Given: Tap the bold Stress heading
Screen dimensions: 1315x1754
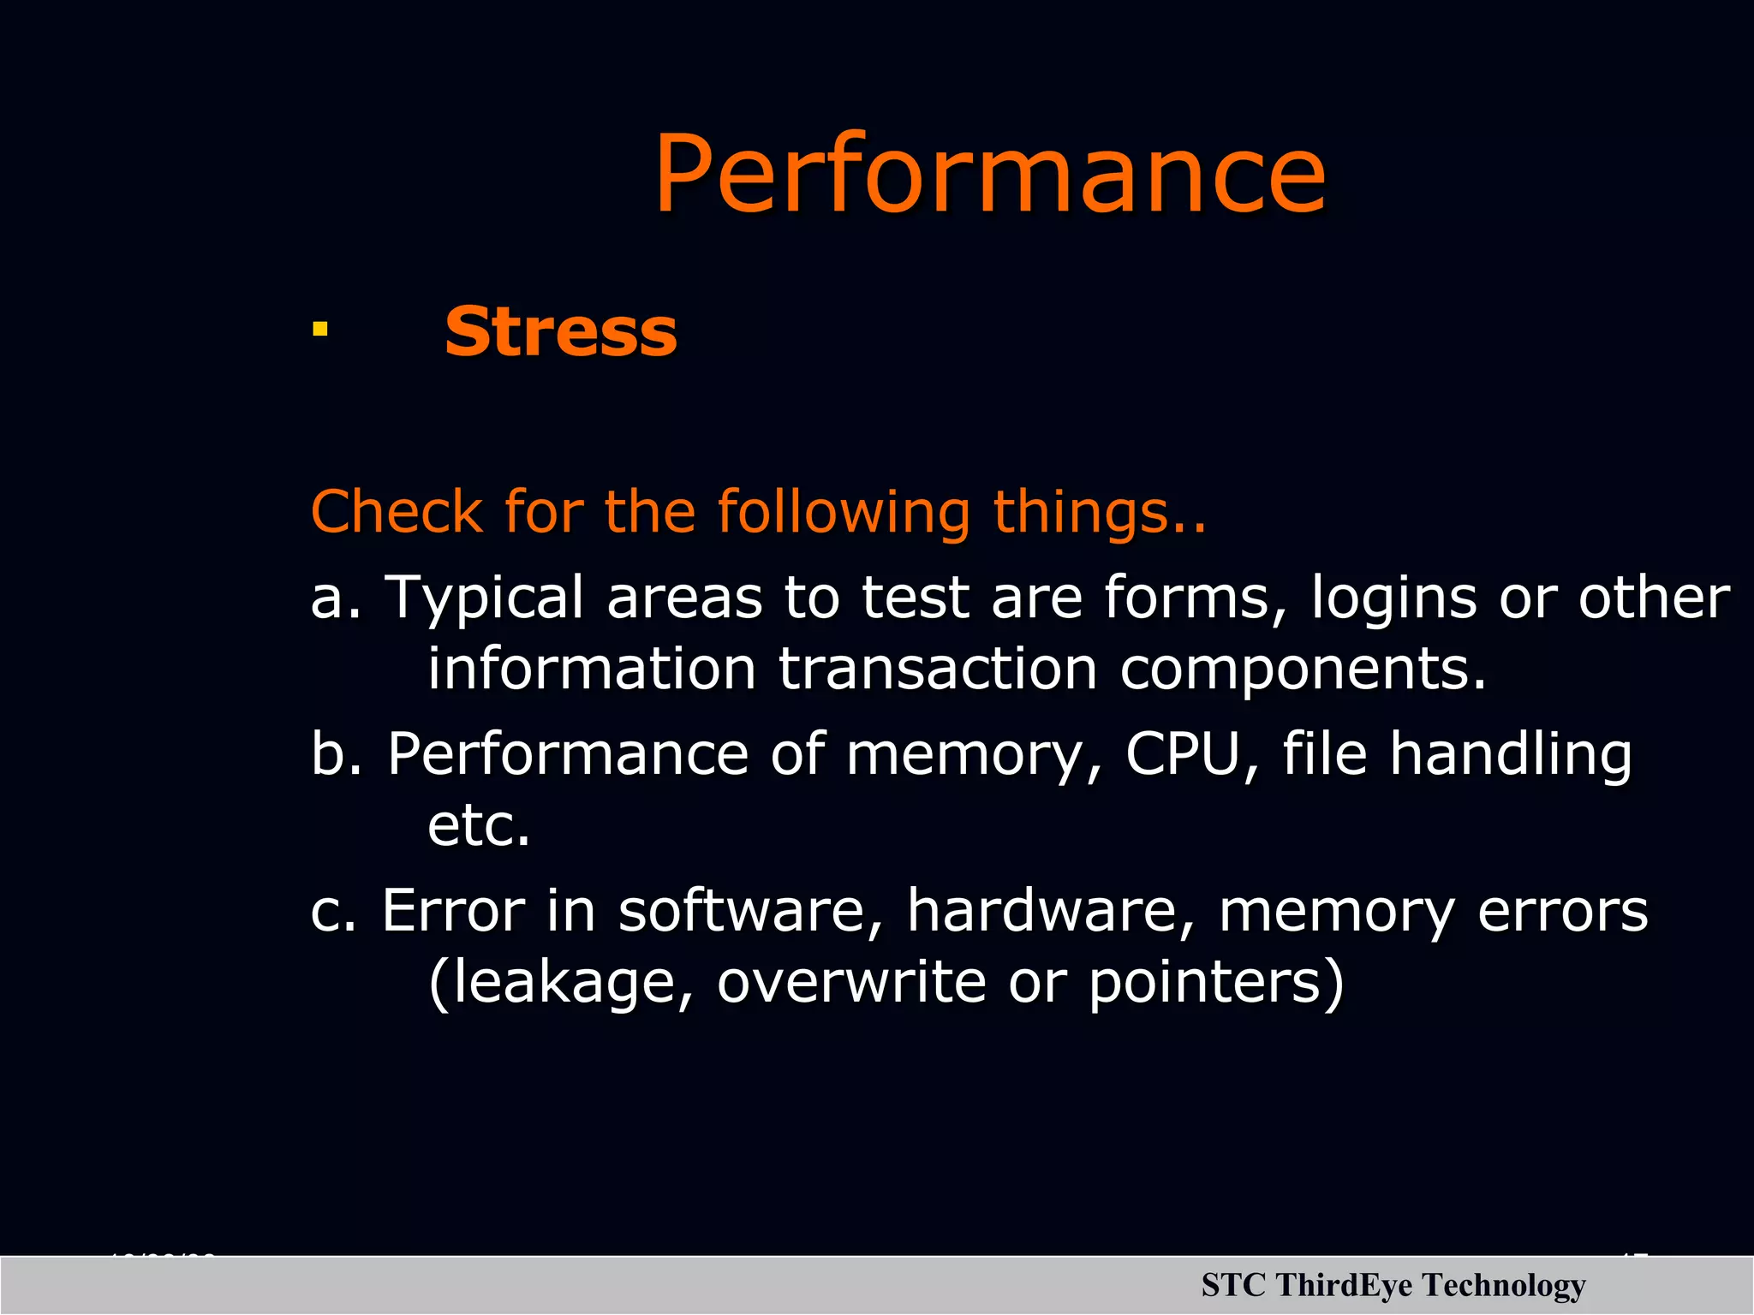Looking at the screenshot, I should [561, 332].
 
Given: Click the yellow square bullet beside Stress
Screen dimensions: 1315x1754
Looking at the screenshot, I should [320, 329].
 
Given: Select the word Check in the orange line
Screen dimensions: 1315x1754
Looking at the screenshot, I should [396, 511].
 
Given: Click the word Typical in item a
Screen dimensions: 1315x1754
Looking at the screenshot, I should [484, 598].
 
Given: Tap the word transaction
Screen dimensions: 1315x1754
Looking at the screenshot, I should [938, 669].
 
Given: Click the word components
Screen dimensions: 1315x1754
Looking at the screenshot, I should [1303, 670].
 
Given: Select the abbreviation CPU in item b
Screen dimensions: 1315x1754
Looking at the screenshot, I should [1183, 753].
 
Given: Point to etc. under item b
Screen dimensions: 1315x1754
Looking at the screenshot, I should [479, 825].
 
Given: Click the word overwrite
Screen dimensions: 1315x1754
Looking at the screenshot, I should [851, 982].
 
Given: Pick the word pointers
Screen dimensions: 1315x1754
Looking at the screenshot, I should [1208, 984].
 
